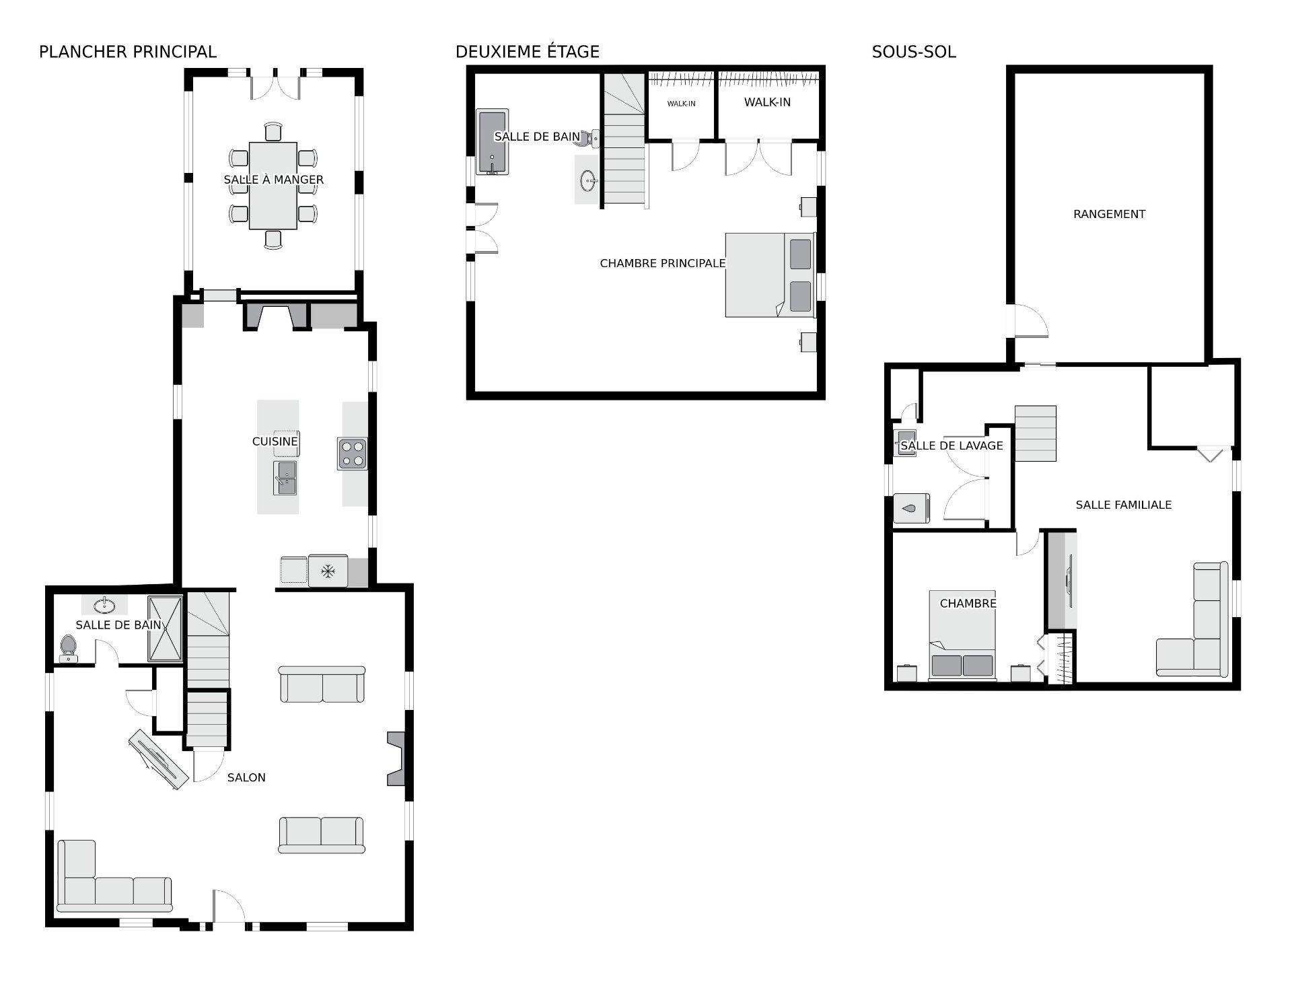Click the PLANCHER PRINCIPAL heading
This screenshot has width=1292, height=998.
coord(128,52)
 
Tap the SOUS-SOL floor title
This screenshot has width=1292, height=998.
coord(914,52)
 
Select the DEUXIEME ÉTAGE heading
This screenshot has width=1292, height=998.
coord(528,52)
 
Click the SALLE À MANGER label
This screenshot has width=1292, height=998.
coord(274,180)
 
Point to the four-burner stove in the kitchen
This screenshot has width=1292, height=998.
coord(353,454)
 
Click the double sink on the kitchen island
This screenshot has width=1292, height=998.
coord(285,478)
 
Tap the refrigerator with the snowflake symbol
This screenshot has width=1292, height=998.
coord(328,571)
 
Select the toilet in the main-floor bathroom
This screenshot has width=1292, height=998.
coord(69,648)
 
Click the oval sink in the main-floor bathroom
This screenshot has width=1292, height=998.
coord(104,606)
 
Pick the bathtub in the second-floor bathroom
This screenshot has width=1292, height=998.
coord(492,142)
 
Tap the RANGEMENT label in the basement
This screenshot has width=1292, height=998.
coord(1109,214)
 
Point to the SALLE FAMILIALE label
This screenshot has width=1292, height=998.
coord(1124,505)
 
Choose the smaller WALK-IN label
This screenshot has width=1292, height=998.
coord(681,104)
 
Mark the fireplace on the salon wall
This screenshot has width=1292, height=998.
coord(396,758)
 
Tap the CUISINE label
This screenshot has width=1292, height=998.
coord(275,441)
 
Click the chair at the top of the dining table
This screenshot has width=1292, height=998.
coord(273,132)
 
